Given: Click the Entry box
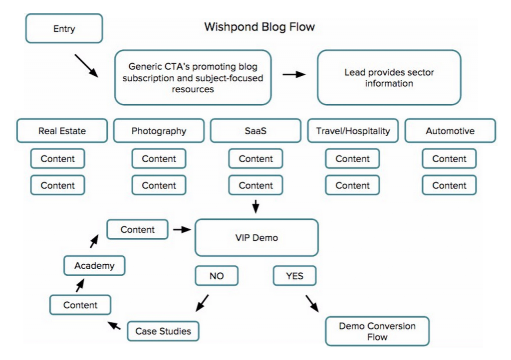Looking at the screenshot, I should point(64,28).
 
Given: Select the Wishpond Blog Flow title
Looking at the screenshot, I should point(259,27).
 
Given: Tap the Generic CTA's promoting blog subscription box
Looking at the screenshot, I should point(193,77).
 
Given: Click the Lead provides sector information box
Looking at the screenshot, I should point(389,77).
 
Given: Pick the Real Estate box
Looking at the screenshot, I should point(62,131).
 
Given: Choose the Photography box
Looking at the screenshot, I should point(159,131).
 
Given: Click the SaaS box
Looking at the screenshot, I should point(255,131).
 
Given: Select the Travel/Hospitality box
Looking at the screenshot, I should point(352,131).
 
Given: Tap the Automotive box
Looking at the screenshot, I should point(450,131).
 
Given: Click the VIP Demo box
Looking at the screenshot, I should point(256,238).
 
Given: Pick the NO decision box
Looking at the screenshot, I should point(217,276).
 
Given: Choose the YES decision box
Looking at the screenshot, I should point(294,276).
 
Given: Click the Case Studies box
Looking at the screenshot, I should point(163,331).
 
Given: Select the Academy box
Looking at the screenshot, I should point(94,266).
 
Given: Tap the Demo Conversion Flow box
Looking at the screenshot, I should point(377,331).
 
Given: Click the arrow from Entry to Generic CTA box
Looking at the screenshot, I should point(86,65).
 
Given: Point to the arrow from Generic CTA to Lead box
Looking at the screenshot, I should point(294,74).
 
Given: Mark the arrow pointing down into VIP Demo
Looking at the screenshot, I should point(255,206).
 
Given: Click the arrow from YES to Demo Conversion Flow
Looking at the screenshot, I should point(312,303).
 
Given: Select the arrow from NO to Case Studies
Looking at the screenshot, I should point(201,303).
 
